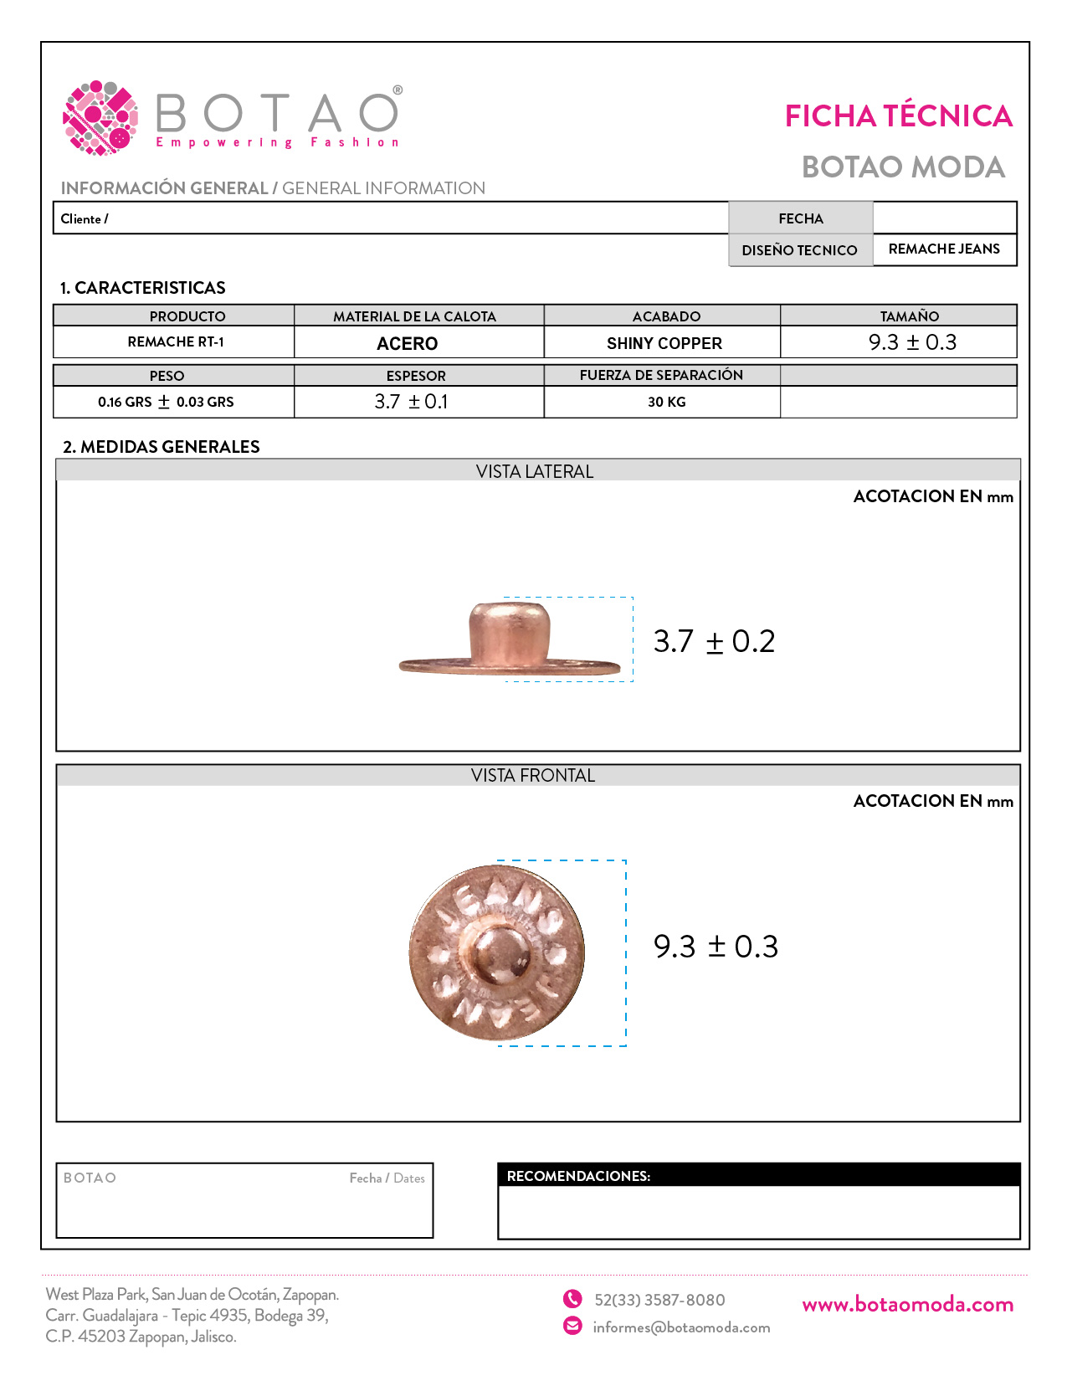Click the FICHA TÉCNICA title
pos(898,116)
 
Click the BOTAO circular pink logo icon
pos(100,118)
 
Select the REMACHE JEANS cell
pos(944,249)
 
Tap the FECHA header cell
pos(801,218)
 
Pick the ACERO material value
pos(408,343)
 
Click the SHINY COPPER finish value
pos(664,343)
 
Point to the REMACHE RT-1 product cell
pos(176,342)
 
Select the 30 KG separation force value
pos(666,402)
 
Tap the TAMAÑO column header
pos(909,316)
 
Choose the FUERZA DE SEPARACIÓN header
pos(661,375)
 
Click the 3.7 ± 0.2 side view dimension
pos(714,641)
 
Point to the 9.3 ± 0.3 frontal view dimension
pos(716,947)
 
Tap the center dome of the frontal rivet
pos(500,954)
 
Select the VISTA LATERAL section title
pos(535,471)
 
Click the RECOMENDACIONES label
pos(578,1176)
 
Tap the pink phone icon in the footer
pos(572,1299)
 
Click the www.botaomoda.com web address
pos(907,1304)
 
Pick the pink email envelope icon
pos(572,1326)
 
